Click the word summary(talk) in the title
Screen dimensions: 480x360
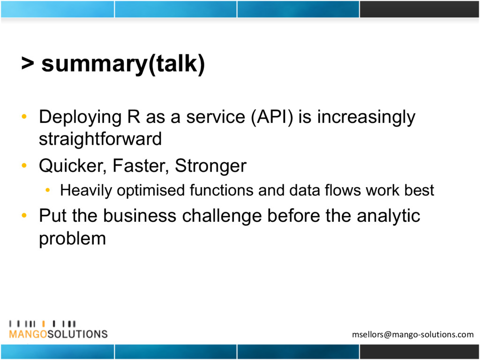(123, 64)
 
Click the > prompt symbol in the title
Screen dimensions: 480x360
(28, 63)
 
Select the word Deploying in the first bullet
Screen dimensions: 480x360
(81, 118)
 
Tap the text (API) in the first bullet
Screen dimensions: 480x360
(272, 117)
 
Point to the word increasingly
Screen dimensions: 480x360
(366, 118)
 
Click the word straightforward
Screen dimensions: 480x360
(100, 139)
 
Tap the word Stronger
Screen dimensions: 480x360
(210, 166)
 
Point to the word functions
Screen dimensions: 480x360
(221, 190)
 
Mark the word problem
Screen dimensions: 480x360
(73, 239)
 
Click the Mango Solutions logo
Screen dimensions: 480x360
(58, 330)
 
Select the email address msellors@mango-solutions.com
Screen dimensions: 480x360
(412, 334)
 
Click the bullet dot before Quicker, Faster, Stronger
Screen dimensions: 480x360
(24, 165)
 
